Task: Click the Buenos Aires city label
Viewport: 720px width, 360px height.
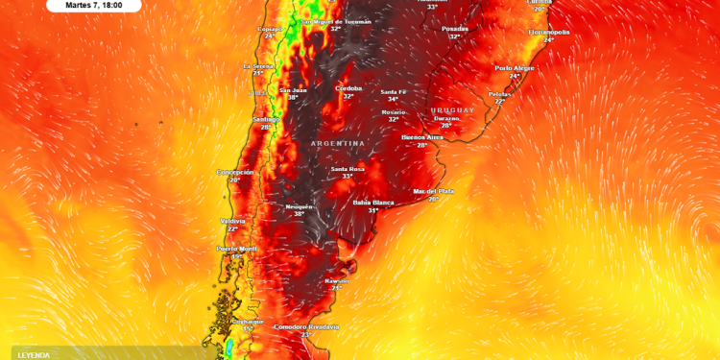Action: coord(421,137)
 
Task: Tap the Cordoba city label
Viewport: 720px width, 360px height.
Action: coord(348,88)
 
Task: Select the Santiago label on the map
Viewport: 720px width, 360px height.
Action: coord(266,119)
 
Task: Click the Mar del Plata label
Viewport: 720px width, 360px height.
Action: coord(433,191)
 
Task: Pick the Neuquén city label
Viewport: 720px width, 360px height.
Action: coord(300,206)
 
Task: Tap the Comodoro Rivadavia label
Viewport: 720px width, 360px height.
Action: coord(306,326)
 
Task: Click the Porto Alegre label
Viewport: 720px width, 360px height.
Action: coord(515,68)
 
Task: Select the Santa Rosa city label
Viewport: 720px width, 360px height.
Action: coord(348,169)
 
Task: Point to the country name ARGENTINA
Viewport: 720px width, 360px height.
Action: coord(338,143)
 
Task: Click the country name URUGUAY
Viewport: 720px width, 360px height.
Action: coord(453,110)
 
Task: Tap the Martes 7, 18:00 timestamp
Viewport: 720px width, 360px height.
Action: coord(93,5)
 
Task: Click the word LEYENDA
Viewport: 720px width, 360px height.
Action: coord(34,355)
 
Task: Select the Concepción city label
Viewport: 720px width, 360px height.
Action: coord(235,172)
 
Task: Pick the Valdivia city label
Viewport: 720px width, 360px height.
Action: coord(232,221)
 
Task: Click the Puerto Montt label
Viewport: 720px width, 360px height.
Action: coord(236,249)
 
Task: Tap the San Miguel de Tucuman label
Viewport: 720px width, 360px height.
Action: coord(335,21)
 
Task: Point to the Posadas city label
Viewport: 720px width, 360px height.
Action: coord(454,29)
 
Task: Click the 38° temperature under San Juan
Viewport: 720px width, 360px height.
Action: coord(293,98)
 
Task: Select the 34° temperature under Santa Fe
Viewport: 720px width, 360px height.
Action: coord(393,100)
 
